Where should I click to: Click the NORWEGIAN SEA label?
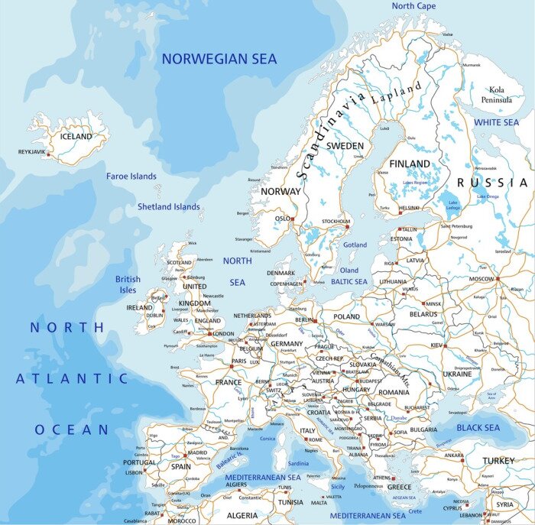point(219,59)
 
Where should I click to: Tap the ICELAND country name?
point(76,137)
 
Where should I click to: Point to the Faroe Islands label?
point(131,177)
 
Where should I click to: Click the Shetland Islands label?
point(168,206)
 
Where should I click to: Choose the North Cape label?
point(413,6)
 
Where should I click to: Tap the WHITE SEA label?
point(495,122)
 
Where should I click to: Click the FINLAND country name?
point(410,164)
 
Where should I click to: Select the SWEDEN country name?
point(345,145)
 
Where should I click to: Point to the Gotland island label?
point(355,245)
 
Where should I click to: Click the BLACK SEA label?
point(478,428)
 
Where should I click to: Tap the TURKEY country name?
point(498,461)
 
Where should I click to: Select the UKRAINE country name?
point(457,374)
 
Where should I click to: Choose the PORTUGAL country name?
point(139,462)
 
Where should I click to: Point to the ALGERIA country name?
point(242,516)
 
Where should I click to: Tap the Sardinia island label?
point(298,463)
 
